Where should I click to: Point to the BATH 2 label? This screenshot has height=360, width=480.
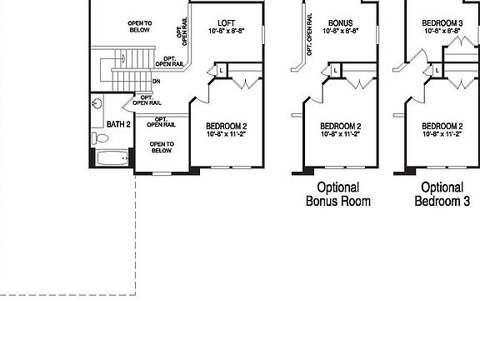(118, 124)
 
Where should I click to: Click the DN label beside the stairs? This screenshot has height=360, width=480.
(156, 82)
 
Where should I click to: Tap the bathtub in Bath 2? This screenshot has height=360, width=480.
(112, 158)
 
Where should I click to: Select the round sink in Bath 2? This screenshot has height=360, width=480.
(97, 104)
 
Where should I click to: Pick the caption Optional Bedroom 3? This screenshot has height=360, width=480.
(442, 194)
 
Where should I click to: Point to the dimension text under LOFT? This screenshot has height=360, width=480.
(227, 31)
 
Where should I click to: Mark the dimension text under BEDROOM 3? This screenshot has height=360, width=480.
(442, 31)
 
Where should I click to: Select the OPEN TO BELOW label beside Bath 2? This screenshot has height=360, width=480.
(161, 147)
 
